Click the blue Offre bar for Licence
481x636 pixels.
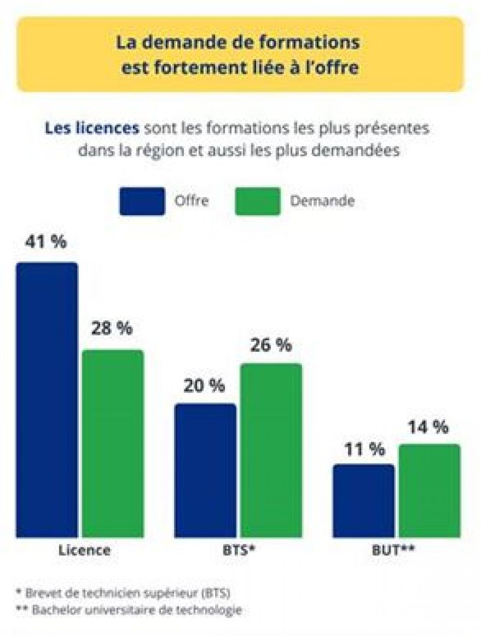[x=47, y=400]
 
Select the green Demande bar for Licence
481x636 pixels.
[x=113, y=443]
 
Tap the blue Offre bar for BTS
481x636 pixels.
[x=205, y=470]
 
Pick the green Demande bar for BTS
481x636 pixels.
[x=271, y=450]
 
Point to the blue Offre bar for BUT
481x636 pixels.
[x=364, y=500]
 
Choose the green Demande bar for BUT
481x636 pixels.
[x=430, y=490]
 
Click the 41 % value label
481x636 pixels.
[x=46, y=242]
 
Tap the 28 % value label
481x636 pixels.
[x=112, y=328]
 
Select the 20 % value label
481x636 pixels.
[x=204, y=386]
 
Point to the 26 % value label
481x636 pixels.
[x=271, y=345]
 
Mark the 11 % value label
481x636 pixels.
[x=364, y=449]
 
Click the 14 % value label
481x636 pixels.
[x=428, y=427]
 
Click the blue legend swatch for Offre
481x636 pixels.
[x=142, y=201]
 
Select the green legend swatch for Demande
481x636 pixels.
[x=258, y=201]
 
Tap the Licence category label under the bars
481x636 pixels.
[x=85, y=550]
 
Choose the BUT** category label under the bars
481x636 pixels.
[x=394, y=550]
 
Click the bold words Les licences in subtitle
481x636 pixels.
[x=92, y=129]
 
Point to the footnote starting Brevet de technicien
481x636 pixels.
[x=124, y=592]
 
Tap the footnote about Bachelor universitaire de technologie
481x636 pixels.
[x=130, y=610]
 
